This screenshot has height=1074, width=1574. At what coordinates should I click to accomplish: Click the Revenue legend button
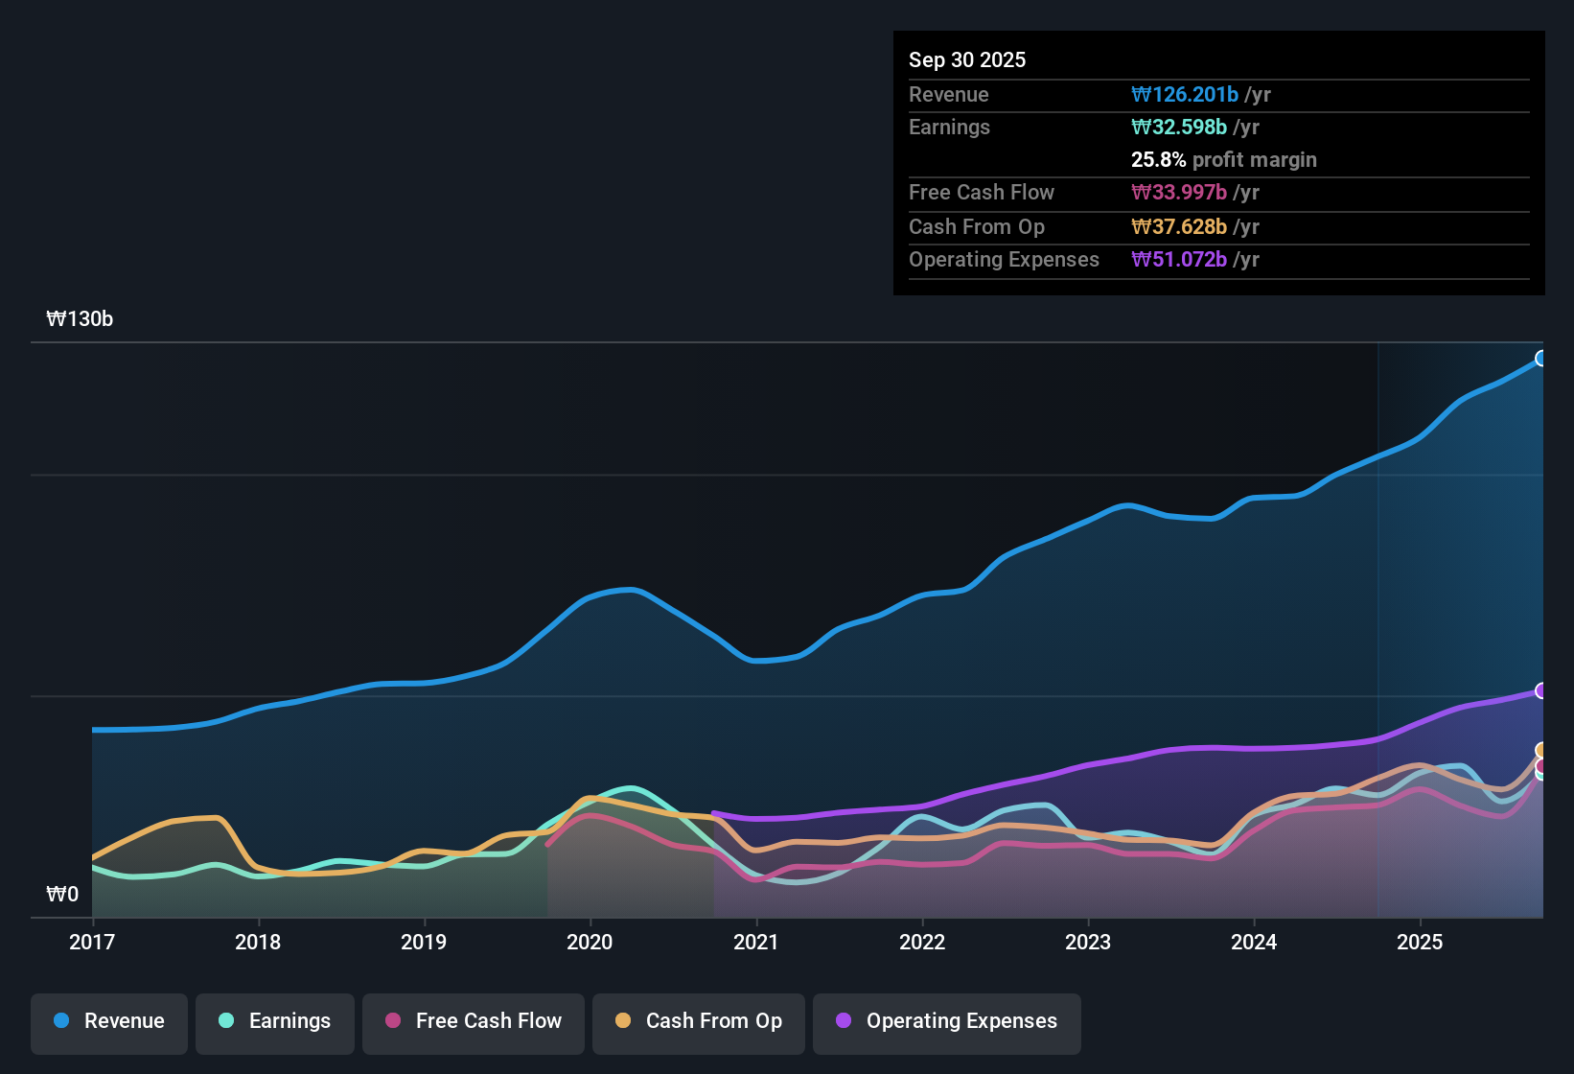pyautogui.click(x=109, y=1021)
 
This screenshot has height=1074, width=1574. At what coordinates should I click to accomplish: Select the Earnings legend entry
pyautogui.click(x=275, y=1021)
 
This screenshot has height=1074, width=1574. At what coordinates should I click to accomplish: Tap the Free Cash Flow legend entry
pyautogui.click(x=474, y=1021)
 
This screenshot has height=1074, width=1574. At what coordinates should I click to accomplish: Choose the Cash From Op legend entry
pyautogui.click(x=699, y=1021)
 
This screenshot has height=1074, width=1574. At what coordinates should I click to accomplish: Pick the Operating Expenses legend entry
pyautogui.click(x=947, y=1021)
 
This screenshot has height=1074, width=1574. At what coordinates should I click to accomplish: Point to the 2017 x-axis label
pyautogui.click(x=92, y=943)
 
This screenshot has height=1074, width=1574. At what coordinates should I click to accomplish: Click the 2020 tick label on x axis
pyautogui.click(x=590, y=943)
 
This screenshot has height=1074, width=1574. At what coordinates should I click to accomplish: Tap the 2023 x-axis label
pyautogui.click(x=1088, y=943)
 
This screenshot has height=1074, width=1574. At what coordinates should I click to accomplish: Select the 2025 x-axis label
pyautogui.click(x=1420, y=943)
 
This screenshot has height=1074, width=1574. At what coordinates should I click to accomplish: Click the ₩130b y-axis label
pyautogui.click(x=80, y=319)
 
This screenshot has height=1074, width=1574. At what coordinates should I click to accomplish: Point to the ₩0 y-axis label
pyautogui.click(x=62, y=895)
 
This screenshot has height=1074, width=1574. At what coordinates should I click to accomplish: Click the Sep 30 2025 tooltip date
pyautogui.click(x=967, y=60)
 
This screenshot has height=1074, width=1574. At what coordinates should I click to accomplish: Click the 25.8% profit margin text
pyautogui.click(x=1223, y=160)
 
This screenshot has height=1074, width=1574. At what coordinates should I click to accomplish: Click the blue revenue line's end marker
pyautogui.click(x=1541, y=359)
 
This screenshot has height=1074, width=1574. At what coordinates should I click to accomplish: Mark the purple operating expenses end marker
pyautogui.click(x=1541, y=690)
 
